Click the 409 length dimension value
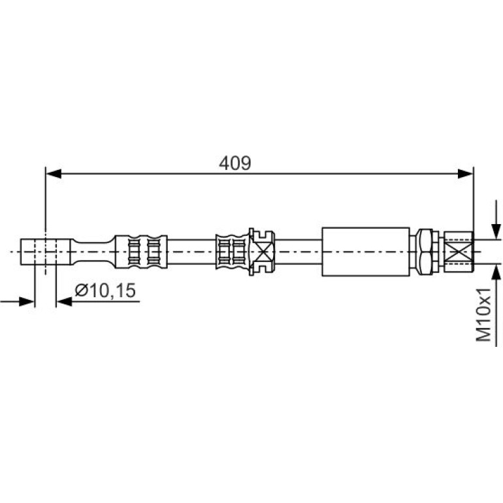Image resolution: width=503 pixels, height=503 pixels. pos(235,163)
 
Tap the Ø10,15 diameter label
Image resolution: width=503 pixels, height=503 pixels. pos(105,291)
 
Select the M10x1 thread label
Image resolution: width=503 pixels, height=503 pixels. pos(484,314)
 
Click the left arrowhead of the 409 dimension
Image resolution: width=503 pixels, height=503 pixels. pos(54,174)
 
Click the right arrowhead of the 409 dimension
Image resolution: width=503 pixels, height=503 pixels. pos(466,174)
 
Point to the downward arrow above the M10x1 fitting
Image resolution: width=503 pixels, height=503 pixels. pos(496,219)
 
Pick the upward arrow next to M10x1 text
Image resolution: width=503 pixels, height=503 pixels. pos(496,305)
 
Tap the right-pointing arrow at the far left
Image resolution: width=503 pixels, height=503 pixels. pos(18,302)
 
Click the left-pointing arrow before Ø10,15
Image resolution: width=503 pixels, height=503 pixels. pos(98,302)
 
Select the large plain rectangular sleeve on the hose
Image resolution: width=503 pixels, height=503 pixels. pos(366,252)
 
